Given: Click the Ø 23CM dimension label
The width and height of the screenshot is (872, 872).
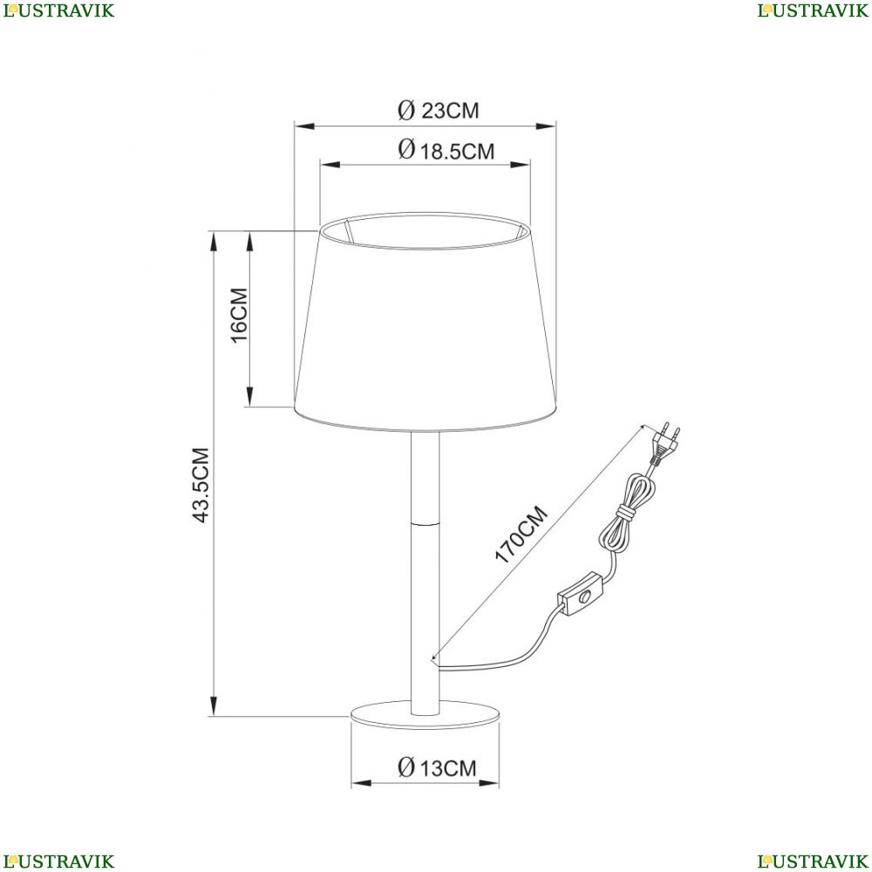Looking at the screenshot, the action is click(x=439, y=110).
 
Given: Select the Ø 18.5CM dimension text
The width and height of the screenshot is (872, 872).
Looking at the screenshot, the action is click(x=446, y=150).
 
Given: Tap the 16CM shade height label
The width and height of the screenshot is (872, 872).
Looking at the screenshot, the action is click(x=239, y=316).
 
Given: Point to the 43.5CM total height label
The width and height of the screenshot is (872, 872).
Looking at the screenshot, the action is click(x=201, y=485).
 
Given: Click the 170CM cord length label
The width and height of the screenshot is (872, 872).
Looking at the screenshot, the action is click(x=521, y=535).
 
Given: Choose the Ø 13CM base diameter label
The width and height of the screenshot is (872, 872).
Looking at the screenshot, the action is click(x=437, y=768).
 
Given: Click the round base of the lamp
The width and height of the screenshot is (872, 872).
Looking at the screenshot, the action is click(x=425, y=714).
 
